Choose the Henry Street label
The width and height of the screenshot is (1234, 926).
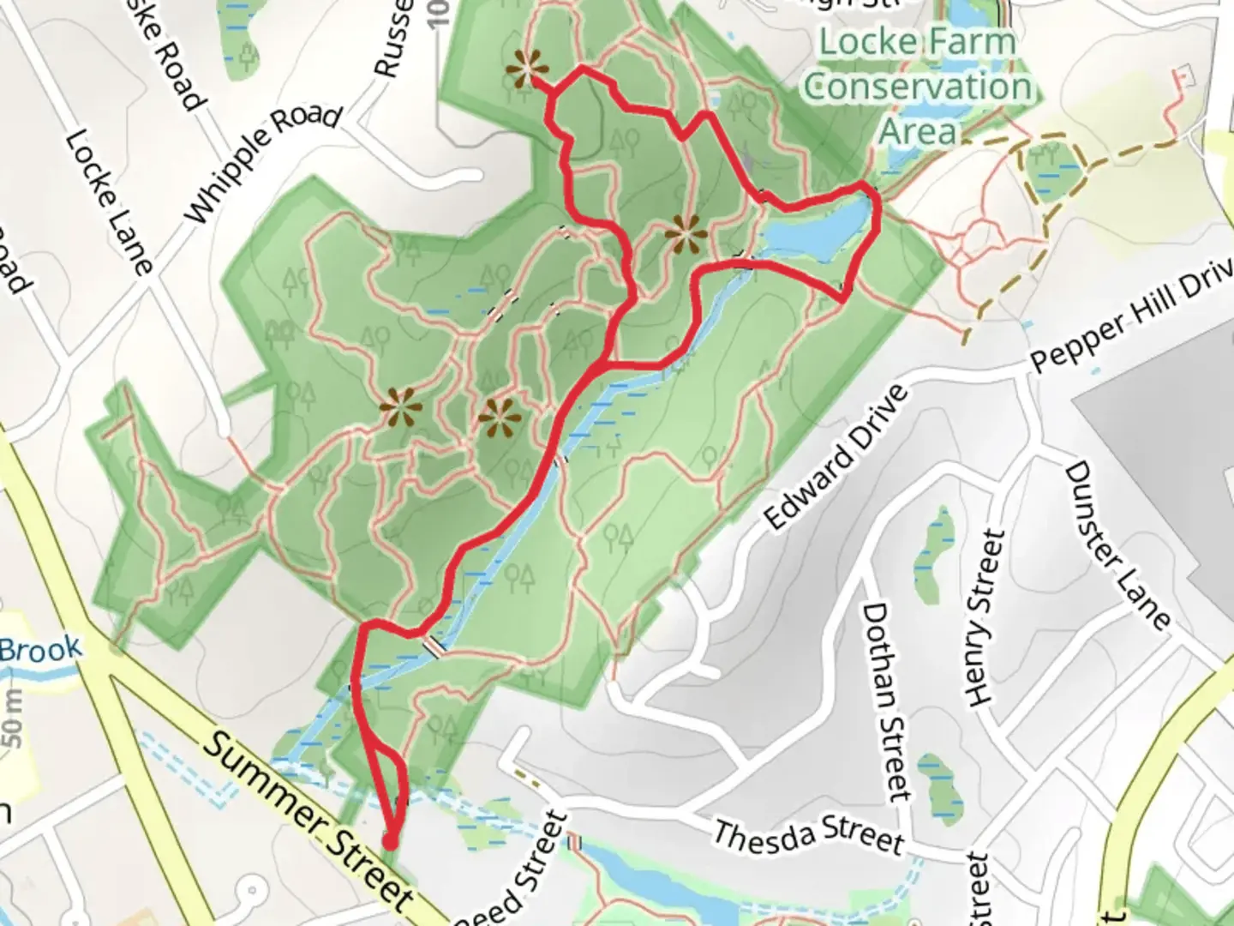coord(985,617)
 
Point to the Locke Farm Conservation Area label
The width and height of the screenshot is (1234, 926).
coord(918,86)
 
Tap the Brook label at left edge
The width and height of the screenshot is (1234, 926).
coord(41,649)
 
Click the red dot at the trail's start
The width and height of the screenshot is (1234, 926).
coord(390,842)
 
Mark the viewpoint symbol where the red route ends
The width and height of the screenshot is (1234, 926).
coord(525,69)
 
